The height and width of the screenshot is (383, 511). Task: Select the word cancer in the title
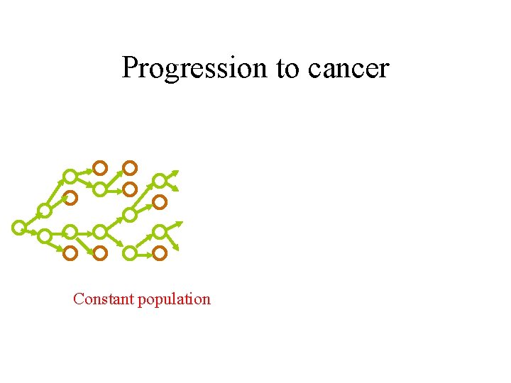pos(348,69)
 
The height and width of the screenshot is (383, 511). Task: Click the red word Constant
pos(104,299)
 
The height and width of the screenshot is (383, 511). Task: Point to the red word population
pos(174,299)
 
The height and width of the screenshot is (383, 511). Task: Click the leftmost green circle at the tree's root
pos(19,227)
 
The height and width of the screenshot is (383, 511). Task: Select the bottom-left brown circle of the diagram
pos(70,252)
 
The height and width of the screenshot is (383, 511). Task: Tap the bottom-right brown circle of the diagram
pos(160,252)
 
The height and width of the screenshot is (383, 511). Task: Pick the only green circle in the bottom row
pos(130,252)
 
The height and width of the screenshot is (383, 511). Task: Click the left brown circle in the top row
pos(100,168)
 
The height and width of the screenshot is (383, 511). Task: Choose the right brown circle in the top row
pos(130,168)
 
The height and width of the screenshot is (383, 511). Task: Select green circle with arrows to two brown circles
pos(100,189)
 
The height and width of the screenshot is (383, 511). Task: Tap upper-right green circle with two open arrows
pos(160,181)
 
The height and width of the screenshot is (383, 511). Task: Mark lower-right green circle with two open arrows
pos(160,232)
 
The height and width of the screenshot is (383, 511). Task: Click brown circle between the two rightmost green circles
pos(160,202)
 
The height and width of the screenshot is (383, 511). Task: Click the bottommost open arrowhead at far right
pos(177,250)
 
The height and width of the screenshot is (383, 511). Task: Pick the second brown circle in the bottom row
pos(100,252)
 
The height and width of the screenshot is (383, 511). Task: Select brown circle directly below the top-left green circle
pos(70,198)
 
